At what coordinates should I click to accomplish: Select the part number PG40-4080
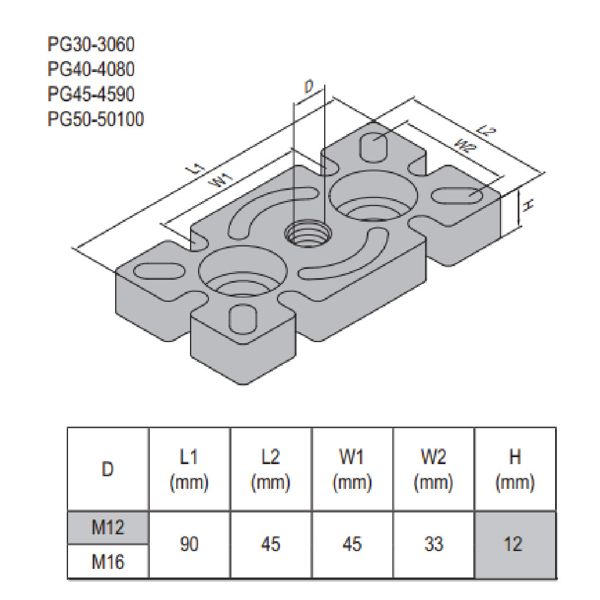[x=92, y=69]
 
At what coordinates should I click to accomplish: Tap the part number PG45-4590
[x=92, y=94]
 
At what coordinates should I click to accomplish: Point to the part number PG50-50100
[x=96, y=119]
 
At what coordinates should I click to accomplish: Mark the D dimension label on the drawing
[x=309, y=88]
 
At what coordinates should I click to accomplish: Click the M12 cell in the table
[x=108, y=527]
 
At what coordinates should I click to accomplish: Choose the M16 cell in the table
[x=108, y=561]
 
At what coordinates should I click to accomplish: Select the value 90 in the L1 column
[x=189, y=544]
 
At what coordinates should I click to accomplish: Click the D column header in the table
[x=108, y=469]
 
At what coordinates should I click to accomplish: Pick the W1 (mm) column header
[x=352, y=469]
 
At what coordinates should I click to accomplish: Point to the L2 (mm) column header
[x=270, y=469]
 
